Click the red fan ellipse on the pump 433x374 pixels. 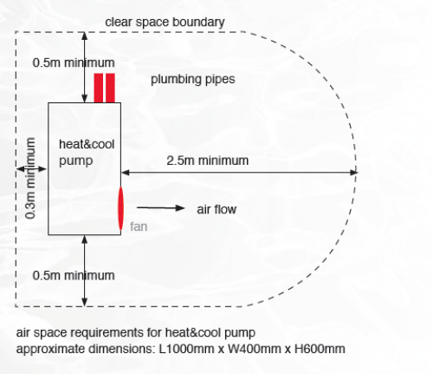120,208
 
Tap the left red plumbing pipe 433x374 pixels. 99,88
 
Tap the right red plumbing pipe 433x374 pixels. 110,88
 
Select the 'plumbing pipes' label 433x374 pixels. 193,80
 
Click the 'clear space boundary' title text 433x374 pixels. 165,23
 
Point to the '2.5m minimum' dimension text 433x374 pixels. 208,161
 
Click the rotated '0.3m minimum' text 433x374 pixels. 30,178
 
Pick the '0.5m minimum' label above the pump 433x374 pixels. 74,62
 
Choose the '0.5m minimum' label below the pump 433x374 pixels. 74,275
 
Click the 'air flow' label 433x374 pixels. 216,209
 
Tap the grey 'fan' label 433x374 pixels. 139,226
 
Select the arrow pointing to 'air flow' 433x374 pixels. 161,207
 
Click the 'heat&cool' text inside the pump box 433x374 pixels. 87,144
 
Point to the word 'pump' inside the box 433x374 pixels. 76,161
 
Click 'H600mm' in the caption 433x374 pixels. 320,349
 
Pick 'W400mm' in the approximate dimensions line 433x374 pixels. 255,349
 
